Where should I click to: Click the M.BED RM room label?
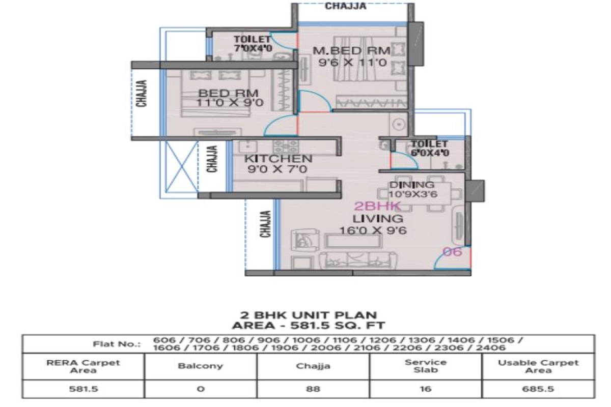pos(352,51)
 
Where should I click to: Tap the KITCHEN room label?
pos(278,159)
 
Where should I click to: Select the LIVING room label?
pos(378,219)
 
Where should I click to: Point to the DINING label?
pos(412,185)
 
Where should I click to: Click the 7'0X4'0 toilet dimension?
pos(253,48)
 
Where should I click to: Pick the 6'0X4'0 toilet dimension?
pos(430,153)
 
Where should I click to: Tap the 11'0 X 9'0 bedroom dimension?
pos(230,103)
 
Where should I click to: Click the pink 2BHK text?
pos(378,207)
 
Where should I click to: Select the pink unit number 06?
pos(452,252)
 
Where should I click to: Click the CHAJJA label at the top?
pos(346,6)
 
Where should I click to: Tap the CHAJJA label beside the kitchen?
pos(212,159)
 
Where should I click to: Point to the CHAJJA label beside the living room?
pos(265,224)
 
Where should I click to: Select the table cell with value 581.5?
pos(84,389)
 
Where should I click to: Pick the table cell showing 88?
pos(313,389)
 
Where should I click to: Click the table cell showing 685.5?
pos(538,389)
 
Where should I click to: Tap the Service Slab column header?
pos(426,366)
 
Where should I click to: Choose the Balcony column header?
pos(201,366)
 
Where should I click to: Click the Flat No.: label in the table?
pos(117,344)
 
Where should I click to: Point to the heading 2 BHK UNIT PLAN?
pos(309,315)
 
